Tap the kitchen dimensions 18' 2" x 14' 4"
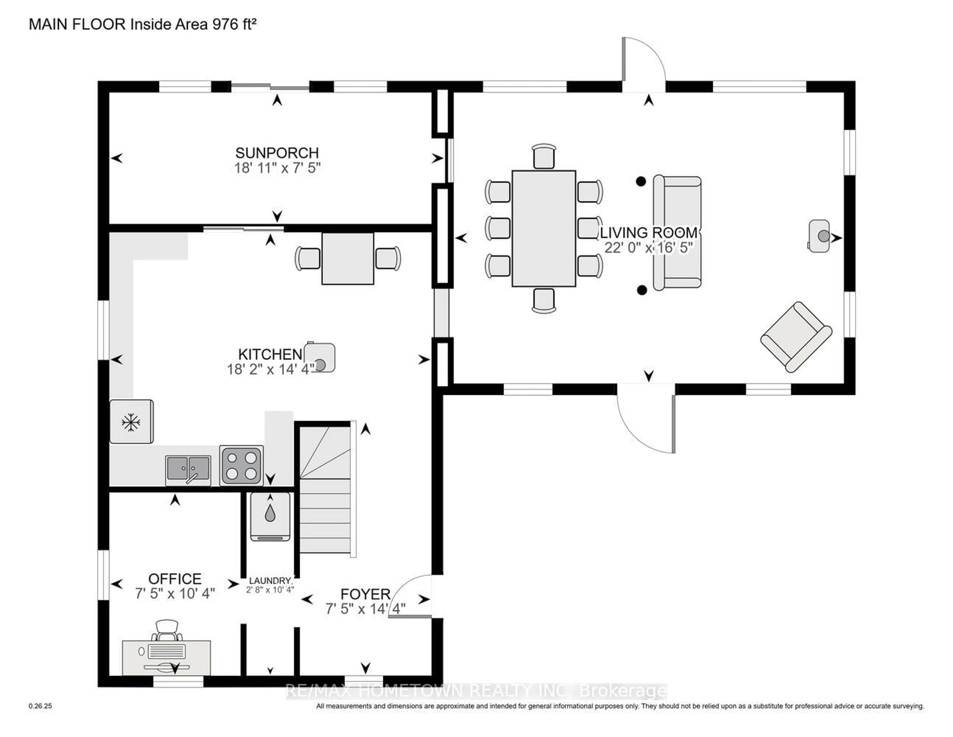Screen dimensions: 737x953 [x=270, y=369]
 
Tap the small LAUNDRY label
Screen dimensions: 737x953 [x=270, y=581]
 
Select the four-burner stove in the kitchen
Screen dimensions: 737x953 [x=241, y=465]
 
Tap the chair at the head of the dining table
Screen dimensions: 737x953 [x=544, y=156]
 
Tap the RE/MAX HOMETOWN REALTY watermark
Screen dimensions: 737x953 [x=476, y=691]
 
